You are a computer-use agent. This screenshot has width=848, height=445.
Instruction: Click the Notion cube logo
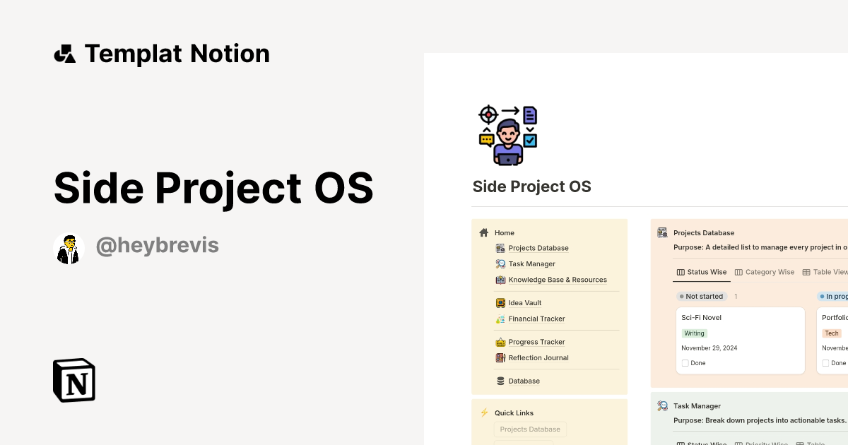[x=74, y=380]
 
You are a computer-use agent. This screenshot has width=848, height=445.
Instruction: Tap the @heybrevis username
[x=157, y=246]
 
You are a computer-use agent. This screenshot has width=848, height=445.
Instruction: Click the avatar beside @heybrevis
[x=69, y=248]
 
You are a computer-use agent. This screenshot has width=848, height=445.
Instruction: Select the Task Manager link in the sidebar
[x=531, y=264]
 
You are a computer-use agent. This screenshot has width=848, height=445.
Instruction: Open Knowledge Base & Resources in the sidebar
[x=557, y=280]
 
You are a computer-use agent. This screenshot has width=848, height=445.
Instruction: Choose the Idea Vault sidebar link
[x=524, y=303]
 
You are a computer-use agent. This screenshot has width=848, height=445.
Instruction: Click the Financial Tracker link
[x=536, y=319]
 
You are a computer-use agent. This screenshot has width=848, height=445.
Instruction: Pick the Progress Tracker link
[x=536, y=342]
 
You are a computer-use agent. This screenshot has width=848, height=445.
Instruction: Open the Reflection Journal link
[x=538, y=358]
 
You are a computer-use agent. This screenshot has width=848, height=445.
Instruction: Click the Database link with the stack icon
[x=524, y=381]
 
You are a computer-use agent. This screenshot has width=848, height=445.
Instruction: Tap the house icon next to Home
[x=484, y=232]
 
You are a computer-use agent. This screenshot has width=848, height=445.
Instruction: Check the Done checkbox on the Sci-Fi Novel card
[x=685, y=363]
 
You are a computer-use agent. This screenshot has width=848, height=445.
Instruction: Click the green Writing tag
[x=694, y=333]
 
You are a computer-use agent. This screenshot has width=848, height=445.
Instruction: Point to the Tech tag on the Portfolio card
[x=832, y=333]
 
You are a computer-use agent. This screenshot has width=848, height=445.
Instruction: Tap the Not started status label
[x=704, y=297]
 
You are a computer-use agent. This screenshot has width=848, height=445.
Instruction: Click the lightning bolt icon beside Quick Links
[x=484, y=413]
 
